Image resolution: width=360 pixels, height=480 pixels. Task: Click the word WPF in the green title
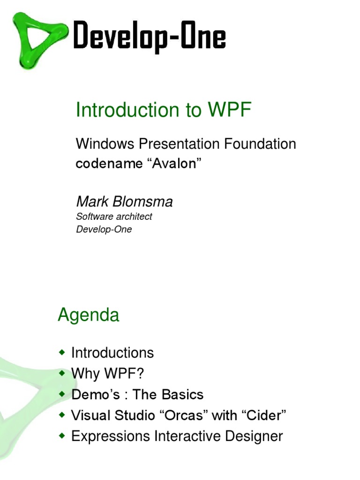click(x=230, y=109)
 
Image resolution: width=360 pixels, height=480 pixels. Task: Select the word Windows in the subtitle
click(x=105, y=143)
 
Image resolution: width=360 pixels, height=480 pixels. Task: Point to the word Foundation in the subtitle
click(x=260, y=143)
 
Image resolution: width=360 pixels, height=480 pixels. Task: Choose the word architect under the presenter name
click(x=134, y=217)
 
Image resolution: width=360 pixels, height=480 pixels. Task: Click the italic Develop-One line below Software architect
click(x=104, y=229)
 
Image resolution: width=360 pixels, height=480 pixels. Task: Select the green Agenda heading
click(x=89, y=315)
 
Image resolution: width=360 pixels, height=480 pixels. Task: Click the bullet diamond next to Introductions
click(x=62, y=352)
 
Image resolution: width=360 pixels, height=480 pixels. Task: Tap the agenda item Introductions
click(x=112, y=352)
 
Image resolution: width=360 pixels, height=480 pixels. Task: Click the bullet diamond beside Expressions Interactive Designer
click(x=62, y=435)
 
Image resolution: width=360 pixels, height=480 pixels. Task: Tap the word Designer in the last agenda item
click(x=254, y=436)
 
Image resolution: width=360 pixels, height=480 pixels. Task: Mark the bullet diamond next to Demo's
click(x=62, y=394)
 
